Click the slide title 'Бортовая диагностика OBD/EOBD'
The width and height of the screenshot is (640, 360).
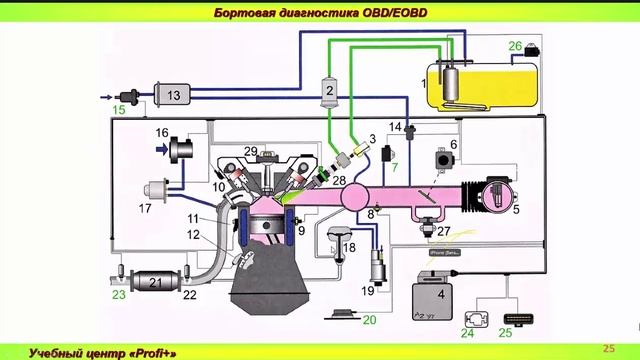pyautogui.click(x=320, y=12)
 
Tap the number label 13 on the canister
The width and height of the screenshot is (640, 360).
pyautogui.click(x=173, y=95)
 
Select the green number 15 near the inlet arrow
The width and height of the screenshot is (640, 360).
pyautogui.click(x=119, y=109)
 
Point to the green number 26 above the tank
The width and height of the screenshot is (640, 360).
pyautogui.click(x=516, y=45)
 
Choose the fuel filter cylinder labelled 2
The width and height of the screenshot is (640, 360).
pyautogui.click(x=328, y=92)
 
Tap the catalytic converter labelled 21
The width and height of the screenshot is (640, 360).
pyautogui.click(x=154, y=282)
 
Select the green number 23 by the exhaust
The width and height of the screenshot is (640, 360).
pyautogui.click(x=119, y=296)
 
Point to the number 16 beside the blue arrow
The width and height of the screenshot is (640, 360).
pyautogui.click(x=162, y=132)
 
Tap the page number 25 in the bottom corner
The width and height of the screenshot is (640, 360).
pyautogui.click(x=609, y=347)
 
